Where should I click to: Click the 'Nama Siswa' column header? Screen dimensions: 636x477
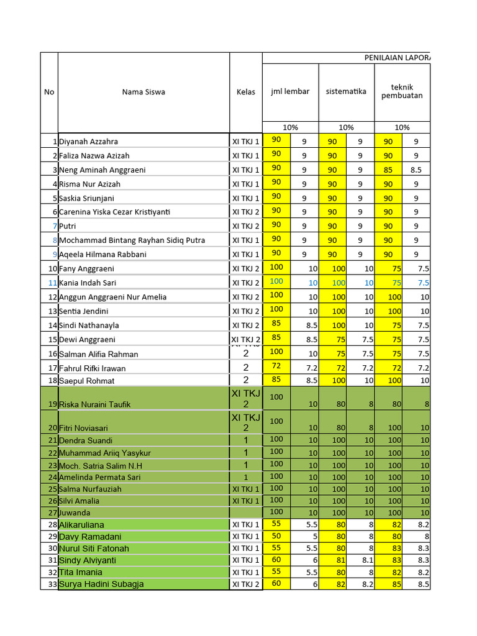143,92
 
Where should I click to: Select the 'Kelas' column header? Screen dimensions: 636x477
246,92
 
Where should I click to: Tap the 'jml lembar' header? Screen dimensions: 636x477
290,91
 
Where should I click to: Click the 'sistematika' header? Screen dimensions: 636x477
346,91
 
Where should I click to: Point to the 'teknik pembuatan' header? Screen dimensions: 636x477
402,91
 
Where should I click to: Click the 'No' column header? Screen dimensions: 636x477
49,92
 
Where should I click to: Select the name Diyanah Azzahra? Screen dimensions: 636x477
88,142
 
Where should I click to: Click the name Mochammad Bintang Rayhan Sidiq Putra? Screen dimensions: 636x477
132,240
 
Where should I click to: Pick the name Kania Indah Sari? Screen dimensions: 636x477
88,283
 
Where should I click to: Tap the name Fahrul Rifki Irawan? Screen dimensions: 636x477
92,368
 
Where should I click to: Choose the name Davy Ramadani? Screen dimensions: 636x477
90,537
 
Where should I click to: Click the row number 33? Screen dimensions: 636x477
52,584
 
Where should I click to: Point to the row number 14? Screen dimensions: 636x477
52,325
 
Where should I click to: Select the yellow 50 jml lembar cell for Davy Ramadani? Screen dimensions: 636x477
276,536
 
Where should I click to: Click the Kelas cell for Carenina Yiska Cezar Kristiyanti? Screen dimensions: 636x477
246,212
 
